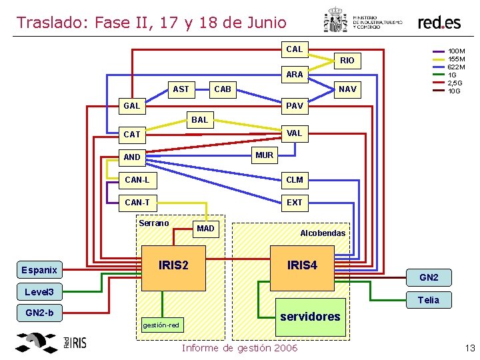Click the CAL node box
click(294, 49)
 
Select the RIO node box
click(347, 61)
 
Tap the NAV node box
click(347, 89)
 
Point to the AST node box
click(181, 89)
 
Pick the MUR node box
click(265, 155)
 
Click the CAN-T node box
click(137, 202)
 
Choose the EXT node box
click(294, 202)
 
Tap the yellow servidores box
click(311, 317)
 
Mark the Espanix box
click(39, 270)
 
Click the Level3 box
click(43, 292)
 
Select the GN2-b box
click(39, 313)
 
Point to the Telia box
click(428, 300)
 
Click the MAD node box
click(206, 229)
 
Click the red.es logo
click(439, 23)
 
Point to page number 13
click(469, 347)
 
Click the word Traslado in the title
click(53, 23)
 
